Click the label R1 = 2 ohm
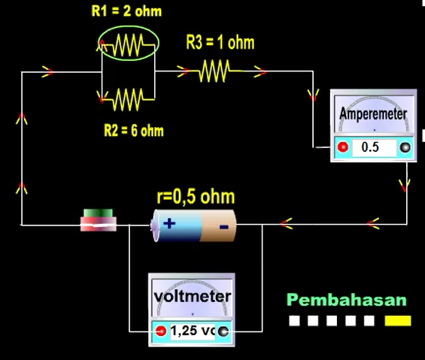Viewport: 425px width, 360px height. click(126, 11)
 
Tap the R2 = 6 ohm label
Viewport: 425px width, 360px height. click(134, 131)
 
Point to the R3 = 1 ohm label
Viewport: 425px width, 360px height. click(220, 43)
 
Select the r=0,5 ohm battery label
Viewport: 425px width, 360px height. click(196, 197)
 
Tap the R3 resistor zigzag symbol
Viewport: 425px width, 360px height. click(215, 71)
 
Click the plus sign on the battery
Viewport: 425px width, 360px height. click(169, 224)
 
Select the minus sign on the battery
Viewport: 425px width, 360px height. click(223, 227)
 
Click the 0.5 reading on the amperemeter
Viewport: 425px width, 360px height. click(370, 147)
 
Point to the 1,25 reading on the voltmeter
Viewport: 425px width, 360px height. click(184, 331)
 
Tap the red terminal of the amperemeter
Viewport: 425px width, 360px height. click(343, 147)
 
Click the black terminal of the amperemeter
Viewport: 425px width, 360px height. click(405, 147)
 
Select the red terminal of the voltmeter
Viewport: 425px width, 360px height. click(161, 331)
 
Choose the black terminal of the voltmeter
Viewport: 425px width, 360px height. click(223, 331)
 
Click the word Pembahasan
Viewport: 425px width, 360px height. click(347, 300)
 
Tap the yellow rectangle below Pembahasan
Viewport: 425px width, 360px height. click(398, 321)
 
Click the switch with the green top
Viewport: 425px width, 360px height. click(99, 220)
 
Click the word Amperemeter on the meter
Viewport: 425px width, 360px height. click(373, 113)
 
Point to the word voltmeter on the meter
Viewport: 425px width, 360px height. click(193, 296)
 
